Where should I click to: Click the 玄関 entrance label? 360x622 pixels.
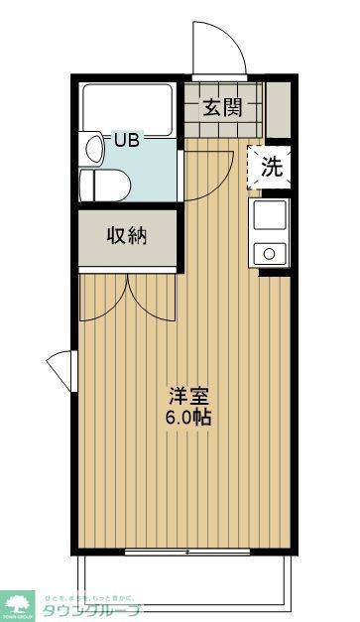pos(223,107)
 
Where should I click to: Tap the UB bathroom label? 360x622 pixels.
pos(126,140)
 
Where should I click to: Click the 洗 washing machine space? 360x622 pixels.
pos(270,168)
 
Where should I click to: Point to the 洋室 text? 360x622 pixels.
pos(187,393)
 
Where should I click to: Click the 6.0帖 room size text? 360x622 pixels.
pos(187,417)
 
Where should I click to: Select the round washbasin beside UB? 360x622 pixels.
pos(93,149)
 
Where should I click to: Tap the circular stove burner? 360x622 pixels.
pos(269,254)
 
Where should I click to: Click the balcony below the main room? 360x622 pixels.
pos(187,575)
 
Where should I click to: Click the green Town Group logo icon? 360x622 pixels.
pos(20,601)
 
